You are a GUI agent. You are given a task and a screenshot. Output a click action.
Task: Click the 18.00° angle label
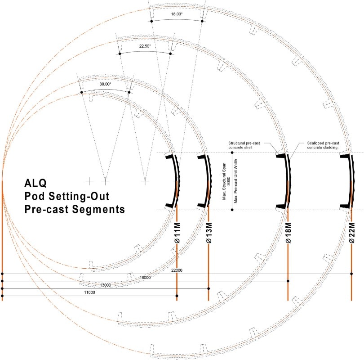pyautogui.click(x=177, y=14)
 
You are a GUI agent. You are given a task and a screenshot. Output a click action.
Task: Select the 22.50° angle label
pyautogui.click(x=145, y=46)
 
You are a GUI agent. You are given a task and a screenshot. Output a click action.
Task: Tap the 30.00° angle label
pyautogui.click(x=105, y=84)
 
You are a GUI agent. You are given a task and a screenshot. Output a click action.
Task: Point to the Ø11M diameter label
pyautogui.click(x=177, y=234)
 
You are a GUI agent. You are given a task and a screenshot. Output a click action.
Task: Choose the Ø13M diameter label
pyautogui.click(x=209, y=234)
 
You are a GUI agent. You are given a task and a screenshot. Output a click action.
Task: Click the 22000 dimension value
pyautogui.click(x=177, y=270)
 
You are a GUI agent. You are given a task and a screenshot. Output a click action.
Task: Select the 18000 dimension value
pyautogui.click(x=145, y=278)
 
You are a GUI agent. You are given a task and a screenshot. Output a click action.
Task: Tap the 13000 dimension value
pyautogui.click(x=105, y=285)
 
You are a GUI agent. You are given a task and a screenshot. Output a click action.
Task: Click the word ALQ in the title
pyautogui.click(x=35, y=184)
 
